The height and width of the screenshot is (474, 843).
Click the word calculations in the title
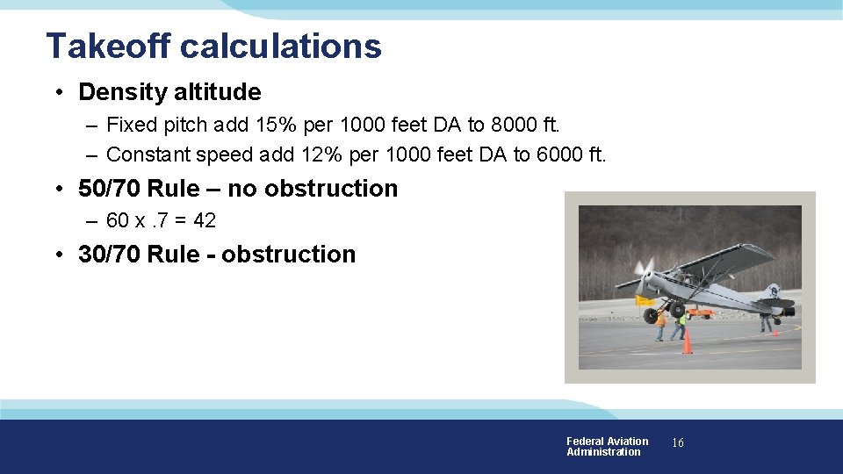pos(281,46)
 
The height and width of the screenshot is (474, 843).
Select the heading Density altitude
pos(169,92)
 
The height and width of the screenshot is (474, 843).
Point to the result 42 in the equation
pos(204,220)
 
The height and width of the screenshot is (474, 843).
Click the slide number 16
pos(677,443)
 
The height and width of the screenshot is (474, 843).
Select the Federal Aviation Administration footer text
pos(607,447)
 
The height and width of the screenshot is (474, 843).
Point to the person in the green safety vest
pos(681,325)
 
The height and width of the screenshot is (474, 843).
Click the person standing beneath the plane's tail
pos(767,320)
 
